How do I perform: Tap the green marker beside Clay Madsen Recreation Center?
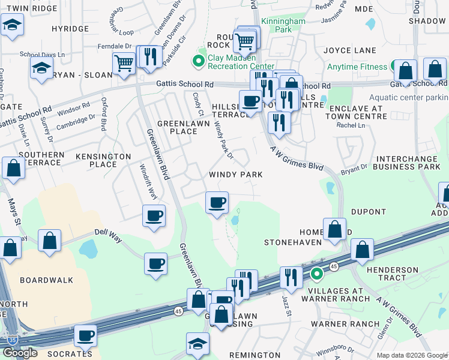coord(196,61)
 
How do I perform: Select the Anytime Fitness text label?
coord(358,67)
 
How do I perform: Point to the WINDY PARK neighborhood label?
coord(235,174)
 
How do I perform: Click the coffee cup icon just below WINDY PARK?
coord(217,202)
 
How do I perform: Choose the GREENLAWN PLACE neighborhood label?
coord(177,127)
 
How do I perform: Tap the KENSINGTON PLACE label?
coord(103,160)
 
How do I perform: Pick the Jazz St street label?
coord(287,306)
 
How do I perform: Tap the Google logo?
coord(20,353)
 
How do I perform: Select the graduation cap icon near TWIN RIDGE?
coord(11,26)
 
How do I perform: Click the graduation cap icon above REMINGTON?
coord(197,344)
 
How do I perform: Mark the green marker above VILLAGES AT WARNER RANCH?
coord(316,275)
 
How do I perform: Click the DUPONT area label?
coord(369,212)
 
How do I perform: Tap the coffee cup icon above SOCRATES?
coord(85,335)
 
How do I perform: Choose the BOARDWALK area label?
coord(46,280)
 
